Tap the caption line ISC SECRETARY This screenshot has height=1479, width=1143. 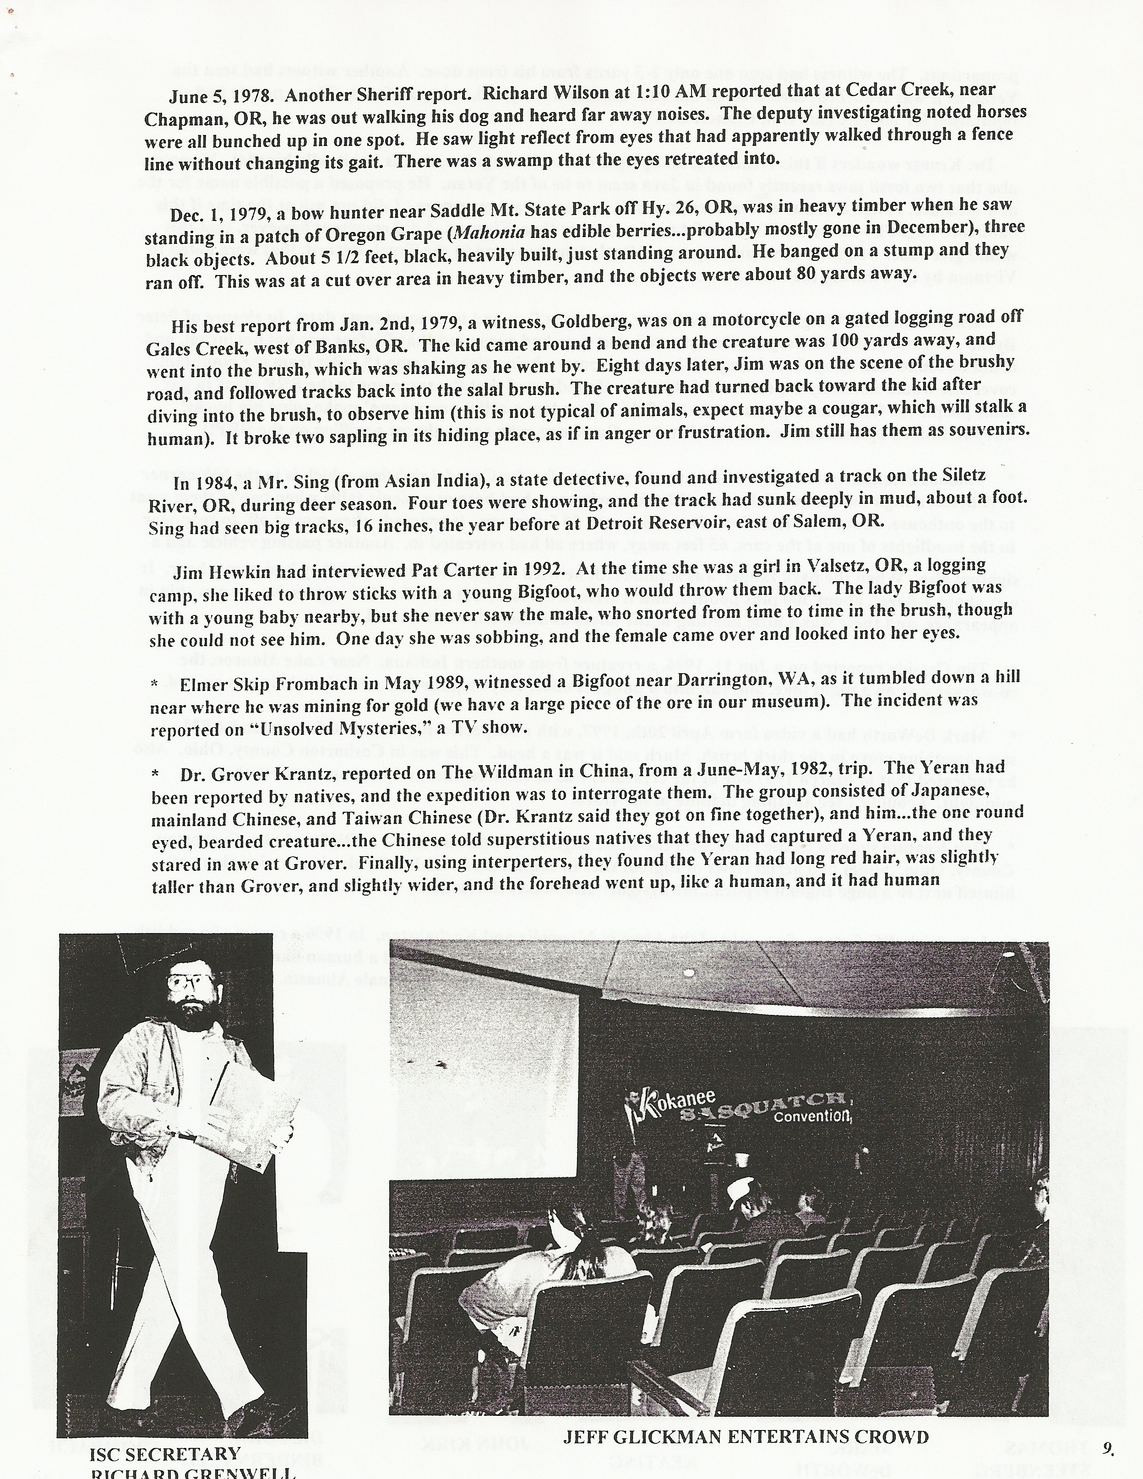pos(165,1452)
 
